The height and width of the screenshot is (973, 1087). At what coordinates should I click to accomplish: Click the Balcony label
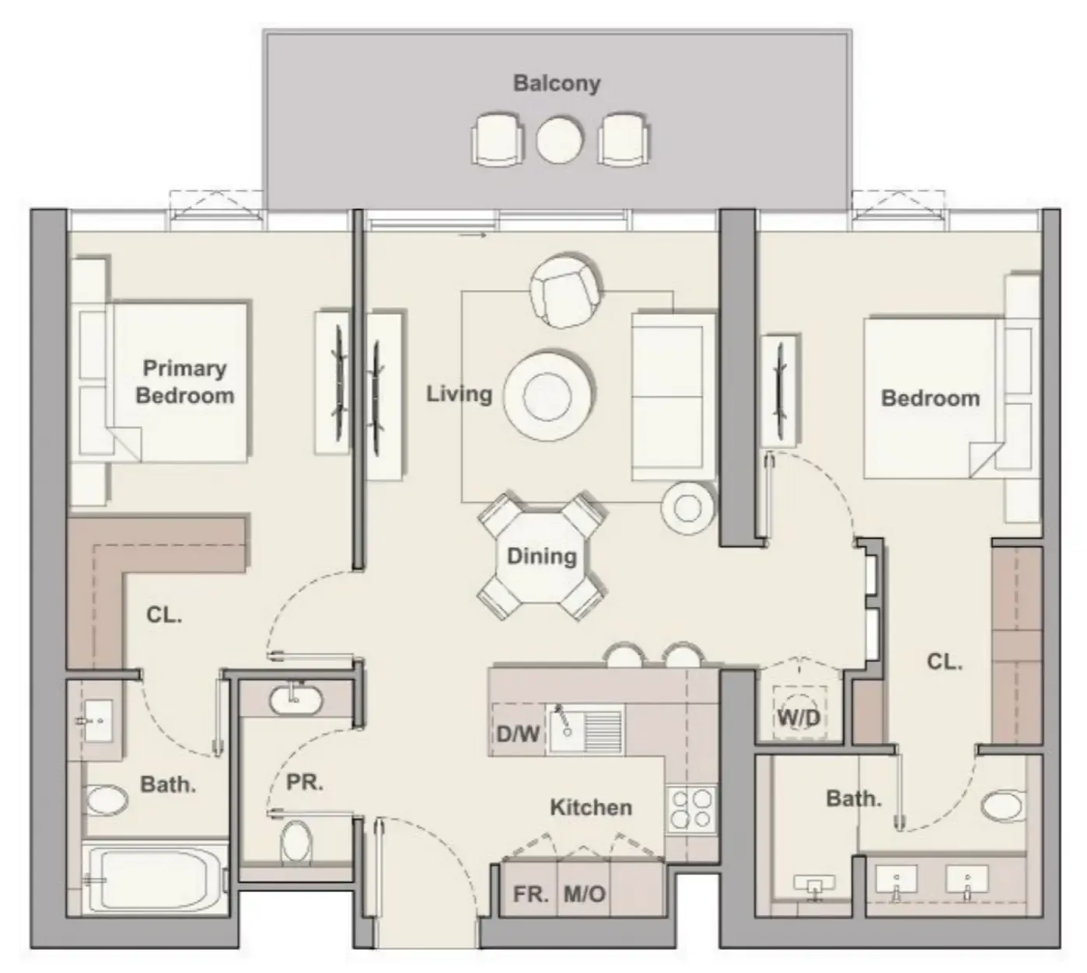[x=557, y=83]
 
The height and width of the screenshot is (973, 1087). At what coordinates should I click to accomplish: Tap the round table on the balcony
[x=559, y=140]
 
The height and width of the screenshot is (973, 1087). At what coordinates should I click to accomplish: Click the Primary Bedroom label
[x=184, y=382]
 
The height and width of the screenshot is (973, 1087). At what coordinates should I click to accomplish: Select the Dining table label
[x=541, y=556]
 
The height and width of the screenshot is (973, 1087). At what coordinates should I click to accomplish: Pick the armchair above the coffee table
[x=564, y=291]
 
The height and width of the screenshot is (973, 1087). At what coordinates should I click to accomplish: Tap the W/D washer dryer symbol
[x=799, y=717]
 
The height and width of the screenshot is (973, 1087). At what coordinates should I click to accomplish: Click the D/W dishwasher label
[x=518, y=733]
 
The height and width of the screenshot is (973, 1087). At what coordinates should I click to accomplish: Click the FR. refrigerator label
[x=530, y=894]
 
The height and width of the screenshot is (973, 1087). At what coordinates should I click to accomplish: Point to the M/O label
[x=584, y=894]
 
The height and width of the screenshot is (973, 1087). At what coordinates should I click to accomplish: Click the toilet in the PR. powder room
[x=295, y=841]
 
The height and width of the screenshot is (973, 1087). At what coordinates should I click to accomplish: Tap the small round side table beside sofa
[x=687, y=507]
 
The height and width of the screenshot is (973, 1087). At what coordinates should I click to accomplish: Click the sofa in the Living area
[x=673, y=396]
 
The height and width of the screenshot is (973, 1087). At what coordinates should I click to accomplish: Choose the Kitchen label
[x=590, y=807]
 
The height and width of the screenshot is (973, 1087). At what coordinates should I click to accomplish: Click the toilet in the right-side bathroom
[x=1002, y=805]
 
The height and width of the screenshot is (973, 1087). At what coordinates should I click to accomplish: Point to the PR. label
[x=304, y=782]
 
